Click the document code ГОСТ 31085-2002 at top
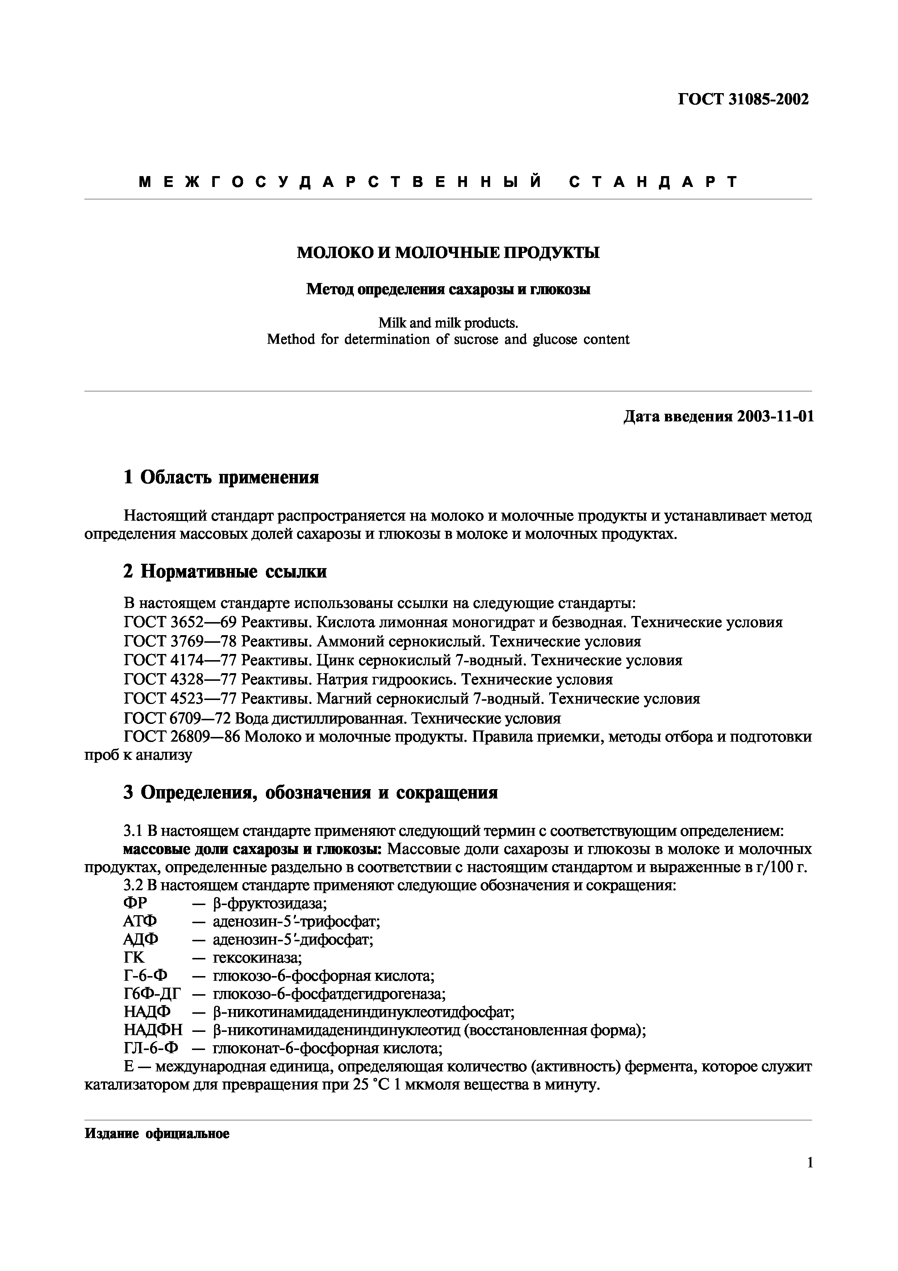click(743, 100)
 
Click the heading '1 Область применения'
click(221, 477)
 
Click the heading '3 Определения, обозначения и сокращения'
click(310, 793)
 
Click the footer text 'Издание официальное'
click(156, 1134)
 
